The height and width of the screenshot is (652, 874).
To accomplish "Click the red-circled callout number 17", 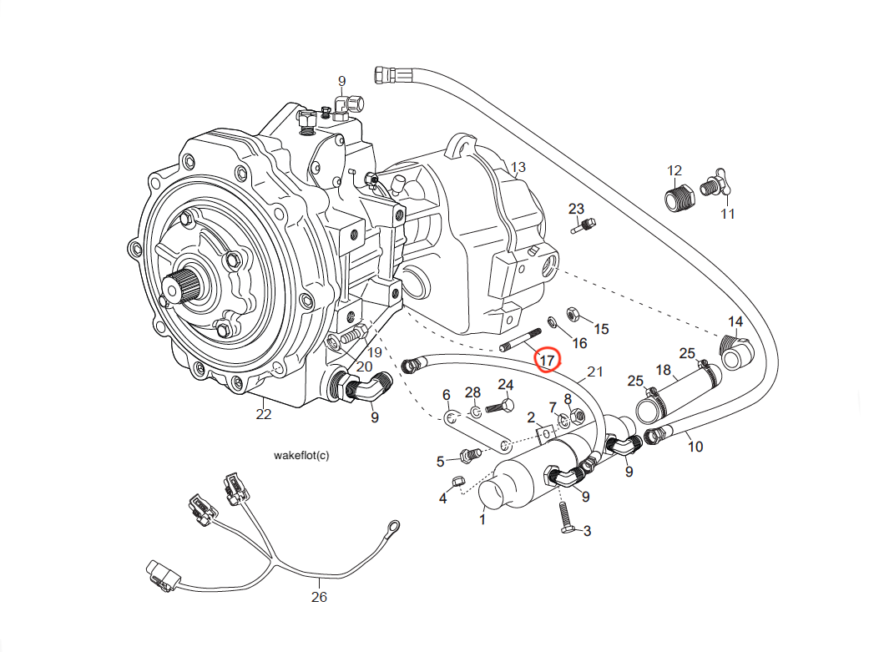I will tap(548, 360).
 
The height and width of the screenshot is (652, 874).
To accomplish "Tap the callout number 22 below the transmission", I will tap(264, 413).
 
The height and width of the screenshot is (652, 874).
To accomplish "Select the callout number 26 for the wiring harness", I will tap(319, 597).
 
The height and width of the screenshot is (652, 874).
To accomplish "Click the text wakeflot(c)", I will tap(301, 456).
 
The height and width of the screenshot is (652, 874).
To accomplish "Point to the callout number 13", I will tap(518, 168).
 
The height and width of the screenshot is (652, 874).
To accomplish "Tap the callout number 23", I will tap(576, 208).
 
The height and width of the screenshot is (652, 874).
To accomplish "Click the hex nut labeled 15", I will tap(573, 314).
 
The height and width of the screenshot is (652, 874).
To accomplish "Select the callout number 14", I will tap(735, 321).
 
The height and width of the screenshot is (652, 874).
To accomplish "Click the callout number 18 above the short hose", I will tap(663, 370).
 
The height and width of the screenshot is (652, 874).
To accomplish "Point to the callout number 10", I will tap(695, 447).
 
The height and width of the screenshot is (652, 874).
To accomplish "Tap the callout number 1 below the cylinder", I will tap(482, 519).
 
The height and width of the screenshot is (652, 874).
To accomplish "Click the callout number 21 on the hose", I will tap(594, 371).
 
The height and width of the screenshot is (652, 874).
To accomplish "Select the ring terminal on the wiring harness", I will tap(391, 526).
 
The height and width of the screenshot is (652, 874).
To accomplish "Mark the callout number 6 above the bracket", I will tap(446, 395).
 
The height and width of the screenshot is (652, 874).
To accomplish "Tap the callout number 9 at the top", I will tap(341, 80).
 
